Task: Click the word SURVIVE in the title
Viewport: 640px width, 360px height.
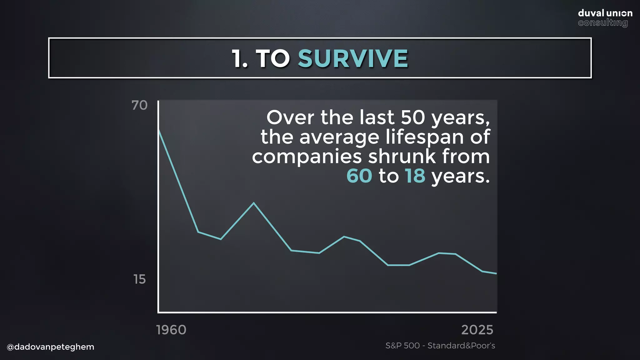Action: (x=353, y=58)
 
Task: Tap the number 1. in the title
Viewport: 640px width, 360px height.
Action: (x=240, y=58)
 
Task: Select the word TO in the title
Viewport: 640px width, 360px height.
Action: (x=273, y=58)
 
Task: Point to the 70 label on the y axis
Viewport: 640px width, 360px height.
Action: (x=139, y=105)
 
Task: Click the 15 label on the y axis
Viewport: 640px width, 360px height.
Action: (x=139, y=279)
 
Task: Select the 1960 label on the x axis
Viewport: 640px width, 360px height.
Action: (x=171, y=330)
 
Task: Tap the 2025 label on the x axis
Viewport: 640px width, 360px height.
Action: (x=477, y=330)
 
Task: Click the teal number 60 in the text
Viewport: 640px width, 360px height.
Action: (x=359, y=176)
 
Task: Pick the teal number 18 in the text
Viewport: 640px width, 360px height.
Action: (x=415, y=176)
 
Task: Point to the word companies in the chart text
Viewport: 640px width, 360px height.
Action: (x=307, y=157)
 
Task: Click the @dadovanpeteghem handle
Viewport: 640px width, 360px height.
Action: (x=50, y=347)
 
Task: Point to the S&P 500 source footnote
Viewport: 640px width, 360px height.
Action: (x=440, y=346)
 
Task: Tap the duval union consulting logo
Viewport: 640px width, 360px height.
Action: (x=605, y=18)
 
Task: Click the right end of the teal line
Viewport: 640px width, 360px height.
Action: (x=496, y=273)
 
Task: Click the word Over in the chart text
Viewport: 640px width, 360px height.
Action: (x=290, y=117)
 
